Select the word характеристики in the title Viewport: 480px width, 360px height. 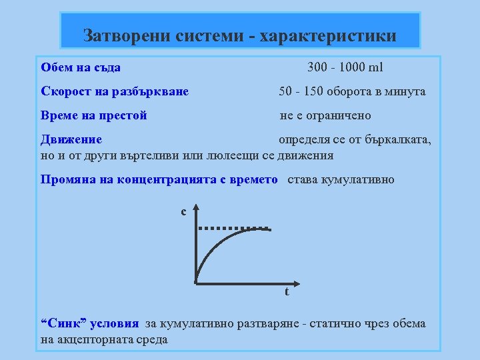[x=331, y=35]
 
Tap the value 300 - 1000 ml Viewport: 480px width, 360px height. [x=345, y=68]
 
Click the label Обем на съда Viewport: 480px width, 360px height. [x=81, y=68]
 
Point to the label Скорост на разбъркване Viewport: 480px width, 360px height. [x=115, y=91]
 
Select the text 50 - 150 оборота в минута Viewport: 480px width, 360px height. [x=352, y=91]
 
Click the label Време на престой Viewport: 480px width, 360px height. [x=94, y=115]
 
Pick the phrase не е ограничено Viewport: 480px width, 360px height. [x=325, y=115]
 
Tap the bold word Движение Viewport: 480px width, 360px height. [x=71, y=139]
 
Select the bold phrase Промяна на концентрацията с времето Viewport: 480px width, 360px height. [x=159, y=179]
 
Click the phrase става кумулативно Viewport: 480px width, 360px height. [x=341, y=179]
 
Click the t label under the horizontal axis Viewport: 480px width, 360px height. [x=287, y=291]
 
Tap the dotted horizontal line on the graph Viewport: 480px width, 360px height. [x=233, y=228]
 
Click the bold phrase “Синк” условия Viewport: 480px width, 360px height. [x=90, y=324]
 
